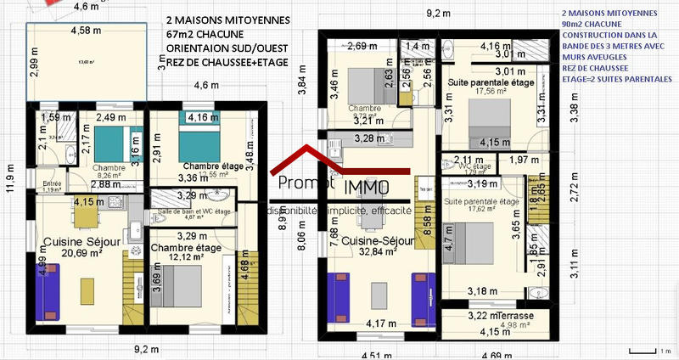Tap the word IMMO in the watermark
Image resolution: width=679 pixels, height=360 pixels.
point(368,187)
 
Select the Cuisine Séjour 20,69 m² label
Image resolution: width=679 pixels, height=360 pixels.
point(82,247)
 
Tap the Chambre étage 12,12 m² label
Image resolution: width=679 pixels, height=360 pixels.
point(185,252)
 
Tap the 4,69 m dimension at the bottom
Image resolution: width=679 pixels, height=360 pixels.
point(502,354)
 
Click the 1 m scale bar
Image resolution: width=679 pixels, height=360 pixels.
point(645,350)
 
